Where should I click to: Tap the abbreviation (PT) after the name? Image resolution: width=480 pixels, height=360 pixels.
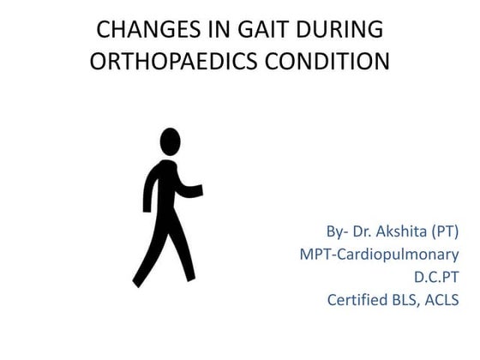click(445, 231)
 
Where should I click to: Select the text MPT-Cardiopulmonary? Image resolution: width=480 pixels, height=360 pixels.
click(379, 255)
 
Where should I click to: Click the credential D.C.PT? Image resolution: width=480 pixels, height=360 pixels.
click(435, 277)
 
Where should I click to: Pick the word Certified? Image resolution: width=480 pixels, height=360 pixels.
click(359, 300)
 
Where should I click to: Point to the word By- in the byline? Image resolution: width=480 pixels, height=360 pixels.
click(337, 231)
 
